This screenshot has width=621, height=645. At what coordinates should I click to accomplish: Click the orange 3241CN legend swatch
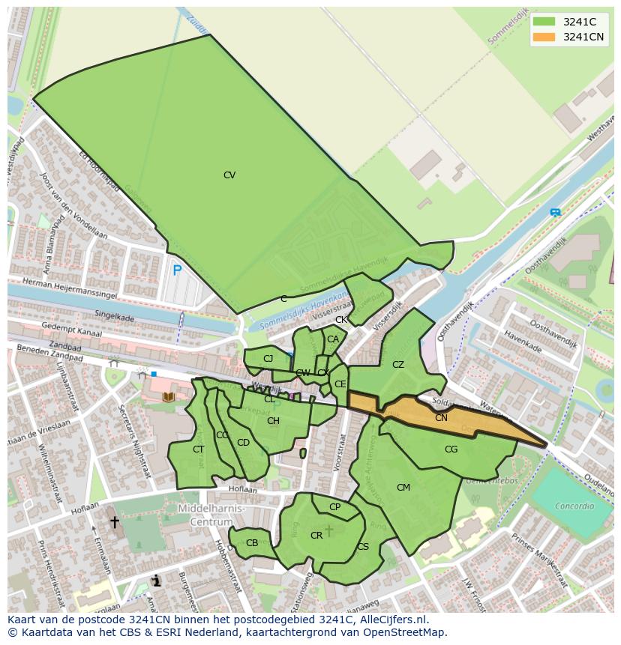coord(544,37)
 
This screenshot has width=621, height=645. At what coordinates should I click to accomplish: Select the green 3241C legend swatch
coord(544,22)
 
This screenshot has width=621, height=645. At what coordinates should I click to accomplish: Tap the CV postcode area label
coord(229,175)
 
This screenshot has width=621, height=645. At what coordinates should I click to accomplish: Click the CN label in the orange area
coord(441,418)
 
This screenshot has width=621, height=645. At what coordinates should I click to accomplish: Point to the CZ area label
coord(398,365)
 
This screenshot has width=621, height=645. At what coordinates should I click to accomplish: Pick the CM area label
coord(403,488)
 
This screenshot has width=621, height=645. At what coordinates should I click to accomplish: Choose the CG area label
coord(451,449)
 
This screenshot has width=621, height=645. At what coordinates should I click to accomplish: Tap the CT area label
coord(198,449)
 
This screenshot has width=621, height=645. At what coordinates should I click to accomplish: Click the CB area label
coord(252,543)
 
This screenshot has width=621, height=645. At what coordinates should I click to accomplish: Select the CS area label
coord(363,547)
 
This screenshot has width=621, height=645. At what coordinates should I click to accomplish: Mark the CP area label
coord(334,507)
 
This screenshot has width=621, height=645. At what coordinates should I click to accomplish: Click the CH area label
coord(273,421)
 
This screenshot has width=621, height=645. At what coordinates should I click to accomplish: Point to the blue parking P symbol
coord(177,270)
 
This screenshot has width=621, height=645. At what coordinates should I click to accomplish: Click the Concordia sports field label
coord(574,506)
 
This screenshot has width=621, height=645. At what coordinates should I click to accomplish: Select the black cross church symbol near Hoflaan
coord(115,521)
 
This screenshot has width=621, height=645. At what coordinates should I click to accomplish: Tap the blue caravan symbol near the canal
coord(555,213)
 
